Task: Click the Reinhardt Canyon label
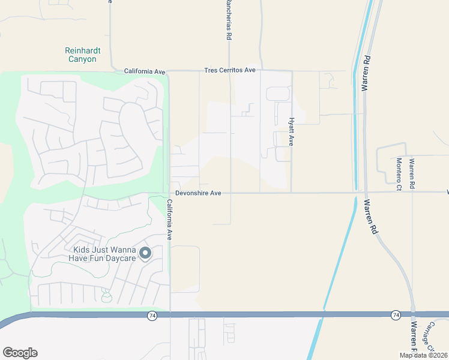pyautogui.click(x=81, y=55)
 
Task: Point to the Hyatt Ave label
pyautogui.click(x=292, y=131)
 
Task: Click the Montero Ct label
pyautogui.click(x=399, y=174)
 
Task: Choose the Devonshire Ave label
pyautogui.click(x=199, y=193)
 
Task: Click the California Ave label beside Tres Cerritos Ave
pyautogui.click(x=144, y=71)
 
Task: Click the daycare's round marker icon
pyautogui.click(x=145, y=254)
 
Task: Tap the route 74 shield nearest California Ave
pyautogui.click(x=152, y=315)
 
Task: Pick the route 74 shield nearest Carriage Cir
pyautogui.click(x=396, y=315)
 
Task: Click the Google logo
pyautogui.click(x=20, y=353)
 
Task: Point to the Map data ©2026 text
pyautogui.click(x=423, y=355)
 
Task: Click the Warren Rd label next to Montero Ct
pyautogui.click(x=412, y=174)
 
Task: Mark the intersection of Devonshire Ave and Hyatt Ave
pyautogui.click(x=292, y=193)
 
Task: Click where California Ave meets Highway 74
pyautogui.click(x=170, y=314)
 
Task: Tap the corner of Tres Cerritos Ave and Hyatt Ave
pyautogui.click(x=292, y=71)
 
